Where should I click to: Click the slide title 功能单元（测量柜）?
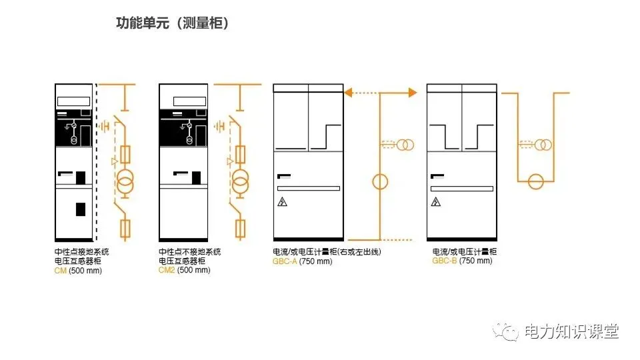click(x=172, y=23)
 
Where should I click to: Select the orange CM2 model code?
click(x=166, y=271)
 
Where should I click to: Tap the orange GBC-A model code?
click(x=285, y=261)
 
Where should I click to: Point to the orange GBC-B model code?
click(x=444, y=261)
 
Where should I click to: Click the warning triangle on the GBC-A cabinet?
click(x=282, y=202)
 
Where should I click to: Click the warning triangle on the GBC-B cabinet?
click(x=435, y=202)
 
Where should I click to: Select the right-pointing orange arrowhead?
click(x=413, y=93)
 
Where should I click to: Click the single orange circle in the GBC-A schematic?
click(x=380, y=181)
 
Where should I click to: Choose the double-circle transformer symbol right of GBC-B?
click(x=545, y=145)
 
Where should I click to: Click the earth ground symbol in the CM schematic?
click(x=104, y=125)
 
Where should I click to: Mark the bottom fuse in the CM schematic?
click(x=125, y=229)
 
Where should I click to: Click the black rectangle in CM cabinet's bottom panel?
click(x=80, y=209)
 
